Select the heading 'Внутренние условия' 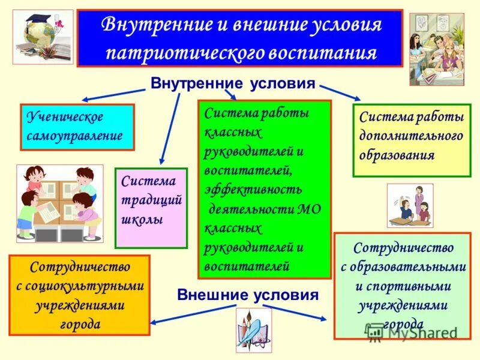pos(233,83)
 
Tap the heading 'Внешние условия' pos(247,295)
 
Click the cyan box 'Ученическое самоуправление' pos(77,127)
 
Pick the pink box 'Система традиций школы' pos(151,208)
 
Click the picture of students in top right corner pos(437,49)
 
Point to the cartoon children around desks pos(59,203)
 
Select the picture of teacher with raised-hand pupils pos(410,205)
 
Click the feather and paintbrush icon pos(253,330)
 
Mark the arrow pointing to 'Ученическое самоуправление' pos(114,94)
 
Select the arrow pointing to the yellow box pos(339,92)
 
